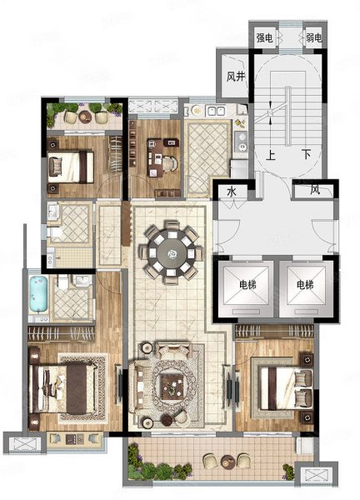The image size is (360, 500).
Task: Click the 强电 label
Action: pos(265,38)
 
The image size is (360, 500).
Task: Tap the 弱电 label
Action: pos(314,38)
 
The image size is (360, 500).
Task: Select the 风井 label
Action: pos(236,77)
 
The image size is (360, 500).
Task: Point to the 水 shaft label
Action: pos(232,192)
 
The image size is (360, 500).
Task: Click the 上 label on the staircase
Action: pos(270,155)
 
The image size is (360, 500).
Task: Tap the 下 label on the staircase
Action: pos(307,155)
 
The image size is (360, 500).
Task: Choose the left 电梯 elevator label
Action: pos(247,284)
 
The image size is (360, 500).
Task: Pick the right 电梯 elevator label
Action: pos(305,284)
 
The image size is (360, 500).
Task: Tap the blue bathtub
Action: pos(38,294)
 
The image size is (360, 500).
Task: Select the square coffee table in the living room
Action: pos(172,387)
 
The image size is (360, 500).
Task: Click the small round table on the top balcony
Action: pos(85,117)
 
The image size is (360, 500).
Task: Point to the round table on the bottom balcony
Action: pos(227,461)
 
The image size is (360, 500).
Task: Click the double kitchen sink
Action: pos(216,111)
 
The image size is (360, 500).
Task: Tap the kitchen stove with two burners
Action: pos(242,142)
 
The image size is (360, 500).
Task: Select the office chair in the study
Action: pos(170,163)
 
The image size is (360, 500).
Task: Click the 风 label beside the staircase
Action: pos(315,190)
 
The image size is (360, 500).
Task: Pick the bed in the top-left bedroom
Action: pos(71,167)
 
